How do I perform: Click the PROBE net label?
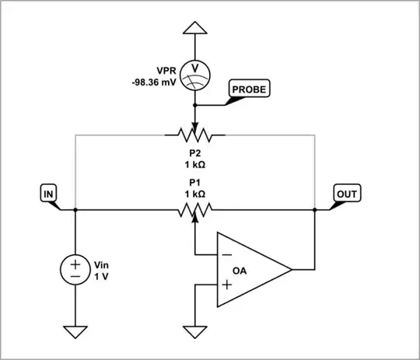point(248,89)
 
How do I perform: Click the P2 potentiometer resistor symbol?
point(194,135)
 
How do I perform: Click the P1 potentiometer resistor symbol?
point(194,209)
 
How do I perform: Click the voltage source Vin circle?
point(75,270)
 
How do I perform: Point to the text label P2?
point(194,153)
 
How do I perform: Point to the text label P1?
point(194,182)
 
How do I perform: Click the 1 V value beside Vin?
point(102,277)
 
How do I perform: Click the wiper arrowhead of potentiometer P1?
point(194,218)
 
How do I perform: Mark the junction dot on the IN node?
point(75,209)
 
